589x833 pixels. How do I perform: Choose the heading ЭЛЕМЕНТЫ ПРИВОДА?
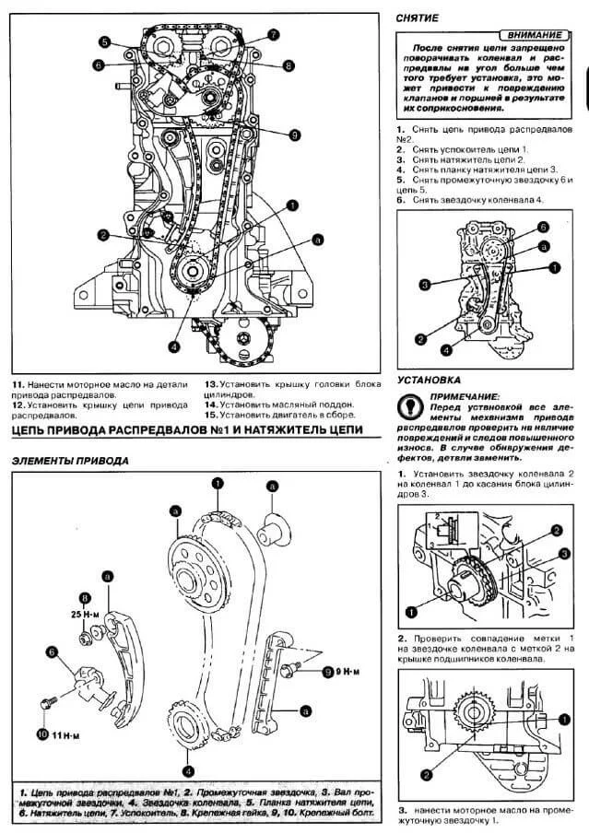point(70,461)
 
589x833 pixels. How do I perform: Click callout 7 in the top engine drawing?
point(274,35)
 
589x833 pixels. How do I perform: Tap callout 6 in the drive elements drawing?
point(52,651)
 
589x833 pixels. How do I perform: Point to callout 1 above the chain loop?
point(218,482)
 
